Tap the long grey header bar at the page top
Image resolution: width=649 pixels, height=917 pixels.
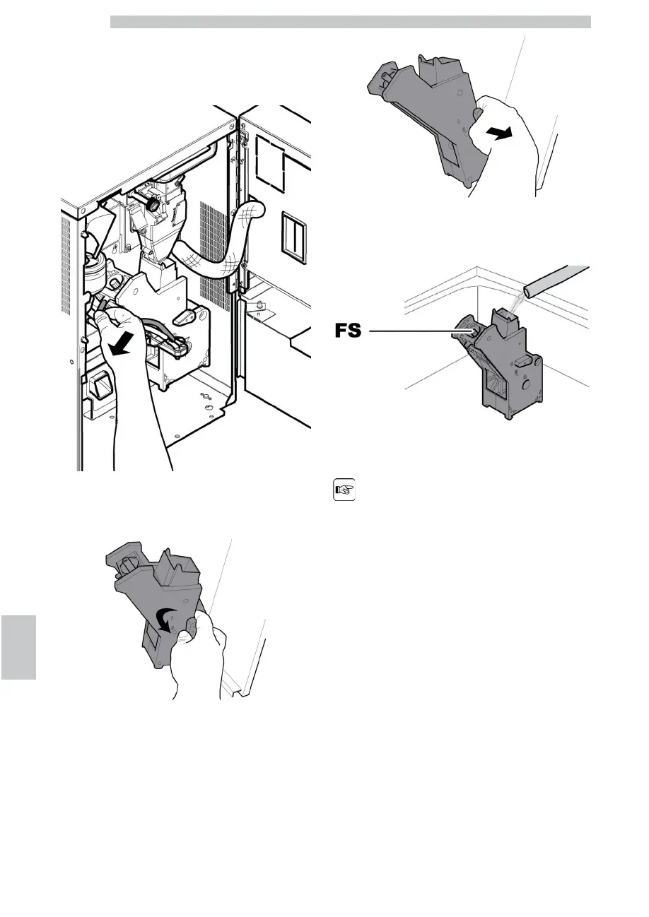[x=350, y=22]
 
